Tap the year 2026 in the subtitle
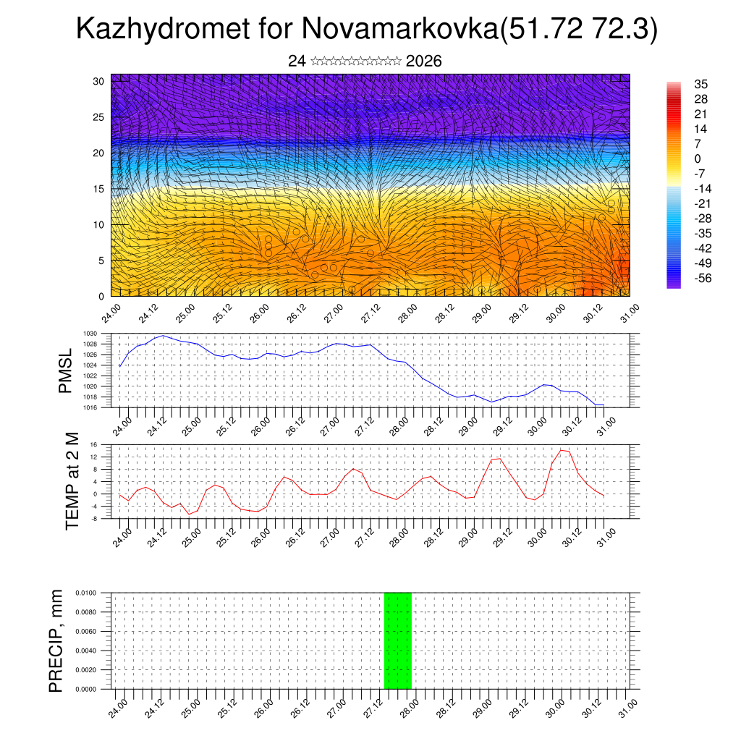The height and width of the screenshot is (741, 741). pos(424,62)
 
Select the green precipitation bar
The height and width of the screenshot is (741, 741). pos(397,640)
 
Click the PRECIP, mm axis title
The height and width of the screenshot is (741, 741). pos(56,640)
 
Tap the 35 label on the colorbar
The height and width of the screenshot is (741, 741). pos(700,84)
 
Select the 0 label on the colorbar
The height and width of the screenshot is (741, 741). pos(698,158)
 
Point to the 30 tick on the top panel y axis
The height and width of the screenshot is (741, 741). pos(98,81)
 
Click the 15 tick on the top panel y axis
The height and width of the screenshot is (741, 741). pos(98,189)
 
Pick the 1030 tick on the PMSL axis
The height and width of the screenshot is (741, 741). pos(90,334)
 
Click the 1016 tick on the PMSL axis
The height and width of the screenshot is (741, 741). pos(90,407)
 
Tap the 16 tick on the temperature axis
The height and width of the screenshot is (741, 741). pos(94,444)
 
